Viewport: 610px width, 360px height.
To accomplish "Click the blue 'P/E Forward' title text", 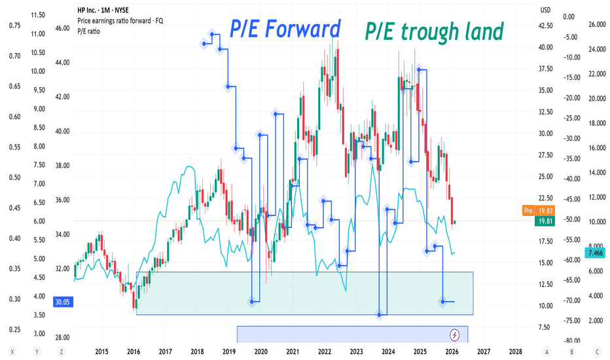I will (x=285, y=29).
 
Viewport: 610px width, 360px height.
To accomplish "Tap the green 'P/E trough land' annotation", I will (x=433, y=30).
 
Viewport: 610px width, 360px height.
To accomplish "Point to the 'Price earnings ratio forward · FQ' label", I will (x=120, y=20).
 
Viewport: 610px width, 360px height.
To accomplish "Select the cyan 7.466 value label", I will (x=596, y=253).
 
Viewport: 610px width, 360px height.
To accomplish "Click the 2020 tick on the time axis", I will (x=260, y=351).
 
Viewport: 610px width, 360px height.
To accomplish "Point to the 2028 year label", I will (x=515, y=351).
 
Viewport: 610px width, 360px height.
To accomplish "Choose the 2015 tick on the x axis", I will (x=101, y=351).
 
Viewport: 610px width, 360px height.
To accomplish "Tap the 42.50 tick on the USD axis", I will (x=546, y=26).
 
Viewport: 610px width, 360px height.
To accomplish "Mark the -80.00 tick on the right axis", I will (x=573, y=340).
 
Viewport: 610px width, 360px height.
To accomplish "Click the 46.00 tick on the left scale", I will (x=63, y=29).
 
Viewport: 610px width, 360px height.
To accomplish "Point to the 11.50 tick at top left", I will (x=38, y=14).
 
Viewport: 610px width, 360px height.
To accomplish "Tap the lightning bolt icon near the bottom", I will (x=456, y=335).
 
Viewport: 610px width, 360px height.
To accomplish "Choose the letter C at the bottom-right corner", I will (x=596, y=351).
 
